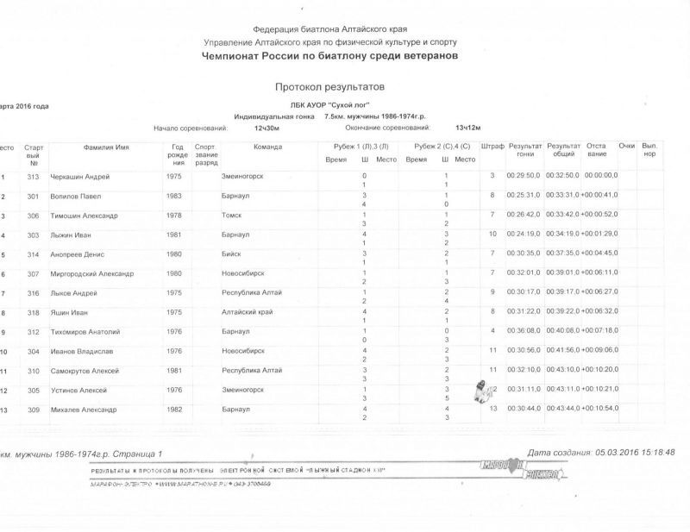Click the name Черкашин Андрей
79,177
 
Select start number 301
34,196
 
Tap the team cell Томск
232,216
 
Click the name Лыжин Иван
71,235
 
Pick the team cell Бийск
232,254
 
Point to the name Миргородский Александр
91,274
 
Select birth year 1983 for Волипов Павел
175,196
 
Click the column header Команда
267,147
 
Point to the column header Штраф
492,147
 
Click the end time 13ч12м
467,127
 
